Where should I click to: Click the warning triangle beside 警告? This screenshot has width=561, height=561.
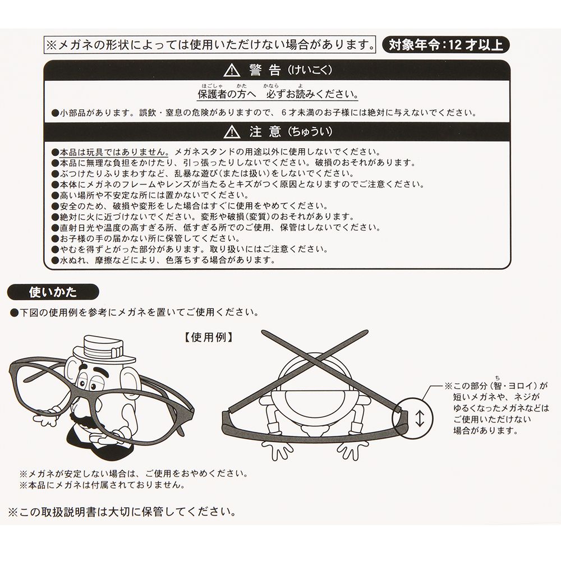[x=232, y=70]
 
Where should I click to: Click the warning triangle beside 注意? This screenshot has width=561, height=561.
[x=232, y=132]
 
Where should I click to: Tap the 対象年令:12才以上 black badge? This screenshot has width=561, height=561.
[x=445, y=45]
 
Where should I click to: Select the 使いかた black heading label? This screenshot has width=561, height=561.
[x=53, y=292]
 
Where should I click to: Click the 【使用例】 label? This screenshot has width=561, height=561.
[x=209, y=337]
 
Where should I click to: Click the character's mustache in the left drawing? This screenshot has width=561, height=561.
[x=85, y=419]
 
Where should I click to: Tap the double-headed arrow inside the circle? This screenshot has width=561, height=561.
[x=420, y=419]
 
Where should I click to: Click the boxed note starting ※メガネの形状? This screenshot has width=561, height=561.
[x=210, y=45]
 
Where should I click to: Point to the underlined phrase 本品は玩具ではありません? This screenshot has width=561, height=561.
[x=114, y=152]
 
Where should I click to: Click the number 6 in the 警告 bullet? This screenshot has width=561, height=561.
[x=283, y=113]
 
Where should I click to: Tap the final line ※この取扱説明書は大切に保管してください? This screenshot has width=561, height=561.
[x=122, y=512]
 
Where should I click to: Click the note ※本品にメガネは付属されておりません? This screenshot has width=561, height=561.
[x=103, y=485]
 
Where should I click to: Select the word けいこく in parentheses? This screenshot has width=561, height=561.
[x=311, y=70]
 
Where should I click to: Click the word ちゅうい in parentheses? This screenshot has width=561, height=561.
[x=311, y=132]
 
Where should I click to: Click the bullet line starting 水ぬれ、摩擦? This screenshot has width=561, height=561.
[x=163, y=260]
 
